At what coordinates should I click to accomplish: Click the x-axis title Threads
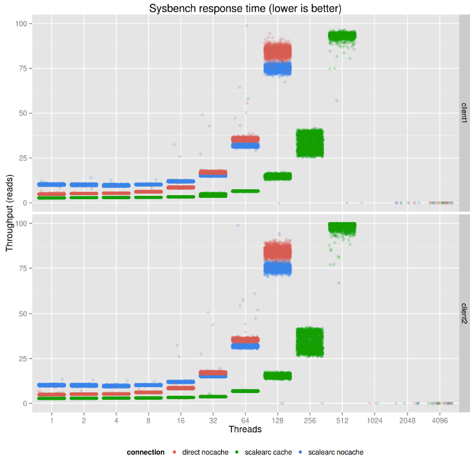click(245, 429)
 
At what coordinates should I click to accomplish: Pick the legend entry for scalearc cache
click(268, 452)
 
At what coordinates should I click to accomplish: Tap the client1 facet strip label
click(464, 112)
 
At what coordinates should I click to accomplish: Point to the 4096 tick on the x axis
click(440, 420)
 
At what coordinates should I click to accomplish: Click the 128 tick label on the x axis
click(277, 420)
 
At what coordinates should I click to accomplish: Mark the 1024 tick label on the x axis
click(374, 420)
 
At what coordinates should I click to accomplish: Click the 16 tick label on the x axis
click(180, 420)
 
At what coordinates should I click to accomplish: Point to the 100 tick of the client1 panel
click(24, 24)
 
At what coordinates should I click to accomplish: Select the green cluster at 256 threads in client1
click(310, 143)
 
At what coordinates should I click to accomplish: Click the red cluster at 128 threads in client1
click(277, 51)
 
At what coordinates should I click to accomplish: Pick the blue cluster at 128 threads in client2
click(277, 269)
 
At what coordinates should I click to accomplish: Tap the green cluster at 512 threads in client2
click(342, 229)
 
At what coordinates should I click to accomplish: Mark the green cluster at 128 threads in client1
click(277, 176)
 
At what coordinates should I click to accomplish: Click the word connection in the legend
click(145, 452)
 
